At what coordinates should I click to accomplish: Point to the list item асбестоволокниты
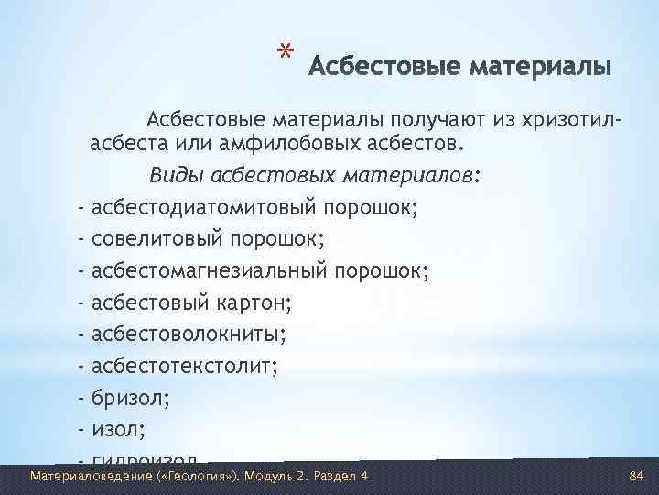click(x=189, y=334)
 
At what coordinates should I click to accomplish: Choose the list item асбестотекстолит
click(x=183, y=366)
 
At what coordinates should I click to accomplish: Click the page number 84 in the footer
click(x=637, y=476)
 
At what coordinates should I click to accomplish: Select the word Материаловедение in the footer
click(x=80, y=476)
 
